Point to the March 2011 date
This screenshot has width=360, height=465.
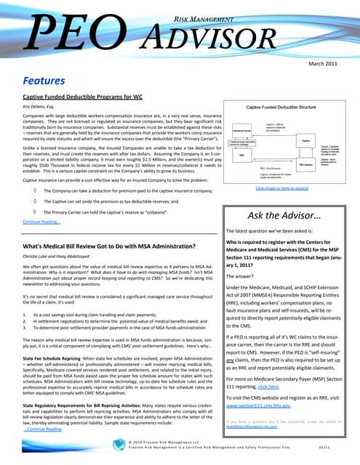click(324, 64)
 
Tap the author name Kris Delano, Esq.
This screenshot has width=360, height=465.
click(39, 108)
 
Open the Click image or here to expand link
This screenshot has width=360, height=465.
click(281, 188)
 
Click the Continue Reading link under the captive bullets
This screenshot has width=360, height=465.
click(41, 222)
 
